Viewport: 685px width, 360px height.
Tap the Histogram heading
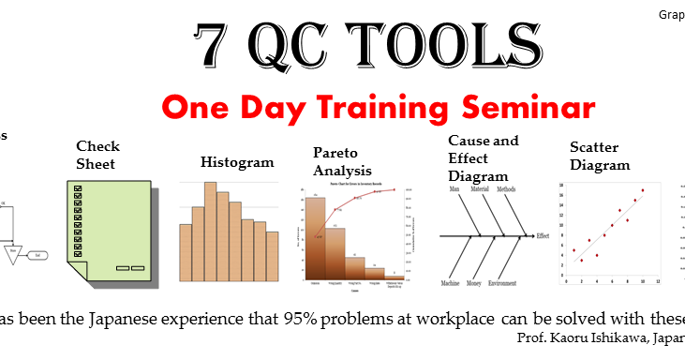(x=237, y=162)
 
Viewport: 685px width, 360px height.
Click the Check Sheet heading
(x=97, y=155)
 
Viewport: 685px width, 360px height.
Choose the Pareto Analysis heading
(x=342, y=161)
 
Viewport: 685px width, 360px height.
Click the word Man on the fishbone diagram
(x=454, y=189)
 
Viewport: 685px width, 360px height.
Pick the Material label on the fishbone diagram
(x=480, y=189)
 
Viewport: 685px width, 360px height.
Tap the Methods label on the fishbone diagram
(x=507, y=189)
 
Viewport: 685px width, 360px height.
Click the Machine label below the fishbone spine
(x=455, y=282)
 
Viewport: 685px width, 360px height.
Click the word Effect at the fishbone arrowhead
(x=541, y=236)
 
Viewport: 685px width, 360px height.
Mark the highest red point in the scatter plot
(x=643, y=190)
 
